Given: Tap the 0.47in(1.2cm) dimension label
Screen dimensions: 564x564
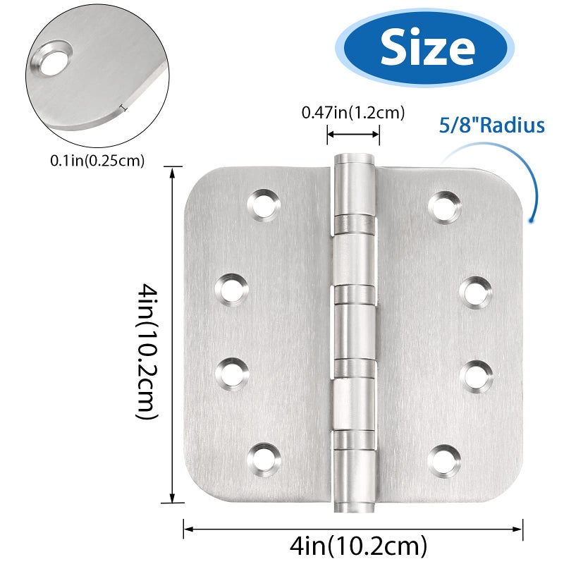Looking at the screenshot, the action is coord(353,113).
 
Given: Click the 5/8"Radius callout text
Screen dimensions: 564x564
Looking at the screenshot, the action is coord(491,125).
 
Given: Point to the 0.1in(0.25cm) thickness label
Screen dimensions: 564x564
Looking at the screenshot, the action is coord(97,161).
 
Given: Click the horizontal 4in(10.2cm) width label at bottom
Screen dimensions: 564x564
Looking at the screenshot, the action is coord(358,546).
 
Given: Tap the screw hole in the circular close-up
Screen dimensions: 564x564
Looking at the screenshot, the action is coord(52,59).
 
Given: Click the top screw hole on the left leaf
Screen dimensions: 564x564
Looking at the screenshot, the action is coord(264,206).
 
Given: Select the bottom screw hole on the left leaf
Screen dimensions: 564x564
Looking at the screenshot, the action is coord(264,460).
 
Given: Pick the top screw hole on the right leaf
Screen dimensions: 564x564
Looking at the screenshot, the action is coord(445,208).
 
